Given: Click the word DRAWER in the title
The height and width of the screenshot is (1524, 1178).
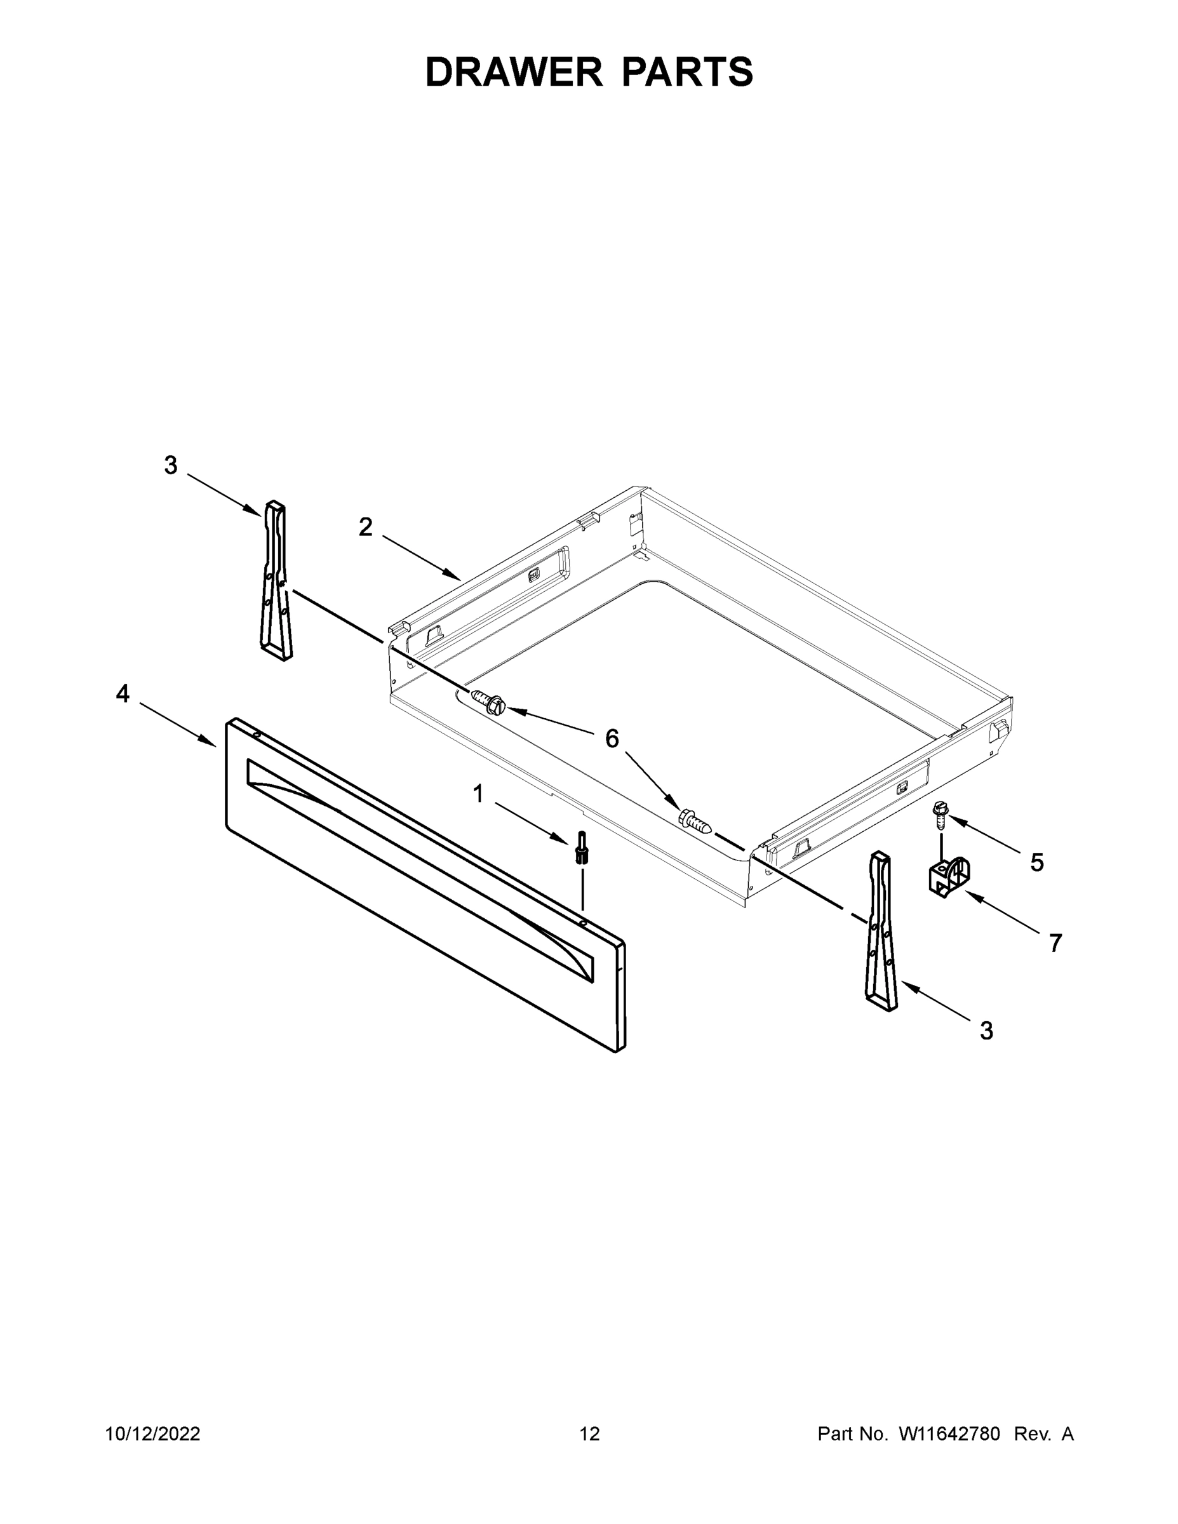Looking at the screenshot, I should click(513, 72).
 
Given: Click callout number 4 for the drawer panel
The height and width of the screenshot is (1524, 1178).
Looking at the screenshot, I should click(123, 693).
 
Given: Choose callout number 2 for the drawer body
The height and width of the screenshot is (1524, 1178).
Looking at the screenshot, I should click(365, 527).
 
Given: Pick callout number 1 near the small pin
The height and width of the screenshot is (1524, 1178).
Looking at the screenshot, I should click(478, 793).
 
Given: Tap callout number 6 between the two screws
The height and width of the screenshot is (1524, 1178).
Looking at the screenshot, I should click(612, 739).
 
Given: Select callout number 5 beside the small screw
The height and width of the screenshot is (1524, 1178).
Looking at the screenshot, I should click(1037, 862).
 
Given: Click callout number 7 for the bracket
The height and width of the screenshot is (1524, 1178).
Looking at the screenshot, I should click(1055, 943).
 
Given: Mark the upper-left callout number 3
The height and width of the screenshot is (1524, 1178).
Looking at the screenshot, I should click(170, 465).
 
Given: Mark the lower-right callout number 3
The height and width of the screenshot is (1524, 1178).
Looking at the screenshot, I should click(986, 1030).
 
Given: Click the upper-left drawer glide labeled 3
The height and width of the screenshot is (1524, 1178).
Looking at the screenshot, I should click(277, 580).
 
